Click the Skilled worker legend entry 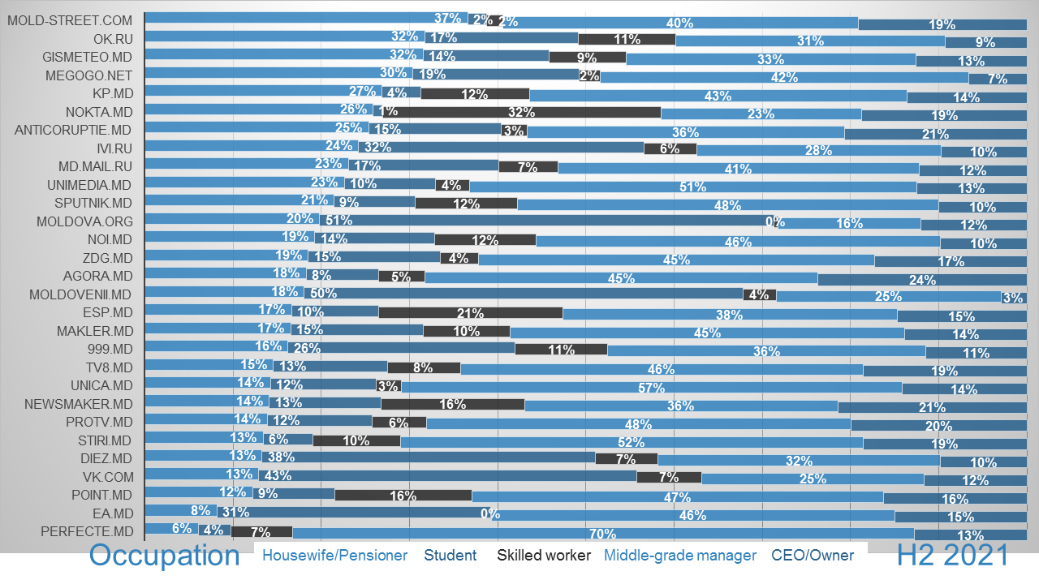click(x=544, y=556)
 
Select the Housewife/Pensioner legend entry click(x=334, y=556)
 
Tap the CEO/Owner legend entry click(x=813, y=556)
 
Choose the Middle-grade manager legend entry click(x=680, y=556)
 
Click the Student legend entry click(x=451, y=556)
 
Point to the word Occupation click(x=165, y=556)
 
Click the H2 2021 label click(x=953, y=556)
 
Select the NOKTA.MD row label click(x=99, y=112)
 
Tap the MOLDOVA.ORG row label click(x=84, y=221)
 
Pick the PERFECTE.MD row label click(x=87, y=532)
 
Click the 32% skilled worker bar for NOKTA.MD click(x=522, y=113)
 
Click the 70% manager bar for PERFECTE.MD click(x=603, y=533)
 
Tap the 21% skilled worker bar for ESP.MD click(x=471, y=312)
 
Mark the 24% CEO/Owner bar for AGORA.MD click(x=922, y=279)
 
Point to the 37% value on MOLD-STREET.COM click(x=447, y=18)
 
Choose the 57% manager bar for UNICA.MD click(x=651, y=387)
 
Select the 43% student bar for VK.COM click(x=447, y=475)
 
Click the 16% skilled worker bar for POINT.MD click(x=403, y=495)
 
